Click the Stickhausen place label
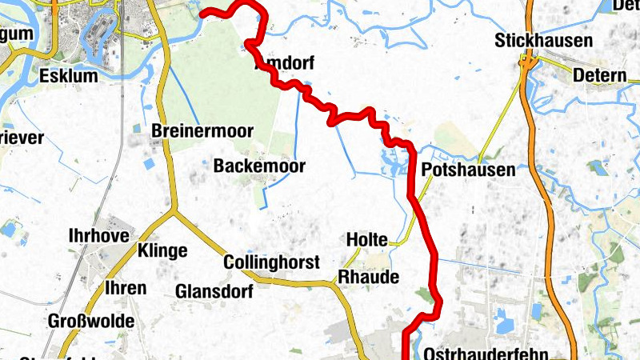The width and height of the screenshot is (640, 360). (x=543, y=40)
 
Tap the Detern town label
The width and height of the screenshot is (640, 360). (x=600, y=76)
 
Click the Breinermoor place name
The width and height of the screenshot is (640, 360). (x=202, y=130)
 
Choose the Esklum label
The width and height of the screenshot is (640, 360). (x=68, y=77)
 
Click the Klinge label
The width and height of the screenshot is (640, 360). (x=162, y=250)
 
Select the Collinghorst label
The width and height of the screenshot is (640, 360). (x=272, y=262)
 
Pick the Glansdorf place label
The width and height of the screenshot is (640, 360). (x=214, y=291)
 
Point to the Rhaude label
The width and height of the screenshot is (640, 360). (x=368, y=276)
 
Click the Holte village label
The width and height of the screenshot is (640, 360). (x=366, y=239)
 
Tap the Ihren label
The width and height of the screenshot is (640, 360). (x=126, y=288)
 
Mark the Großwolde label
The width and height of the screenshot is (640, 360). (x=91, y=321)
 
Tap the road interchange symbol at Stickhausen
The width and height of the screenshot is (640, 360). (x=527, y=61)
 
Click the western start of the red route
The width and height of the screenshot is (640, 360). (x=202, y=14)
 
